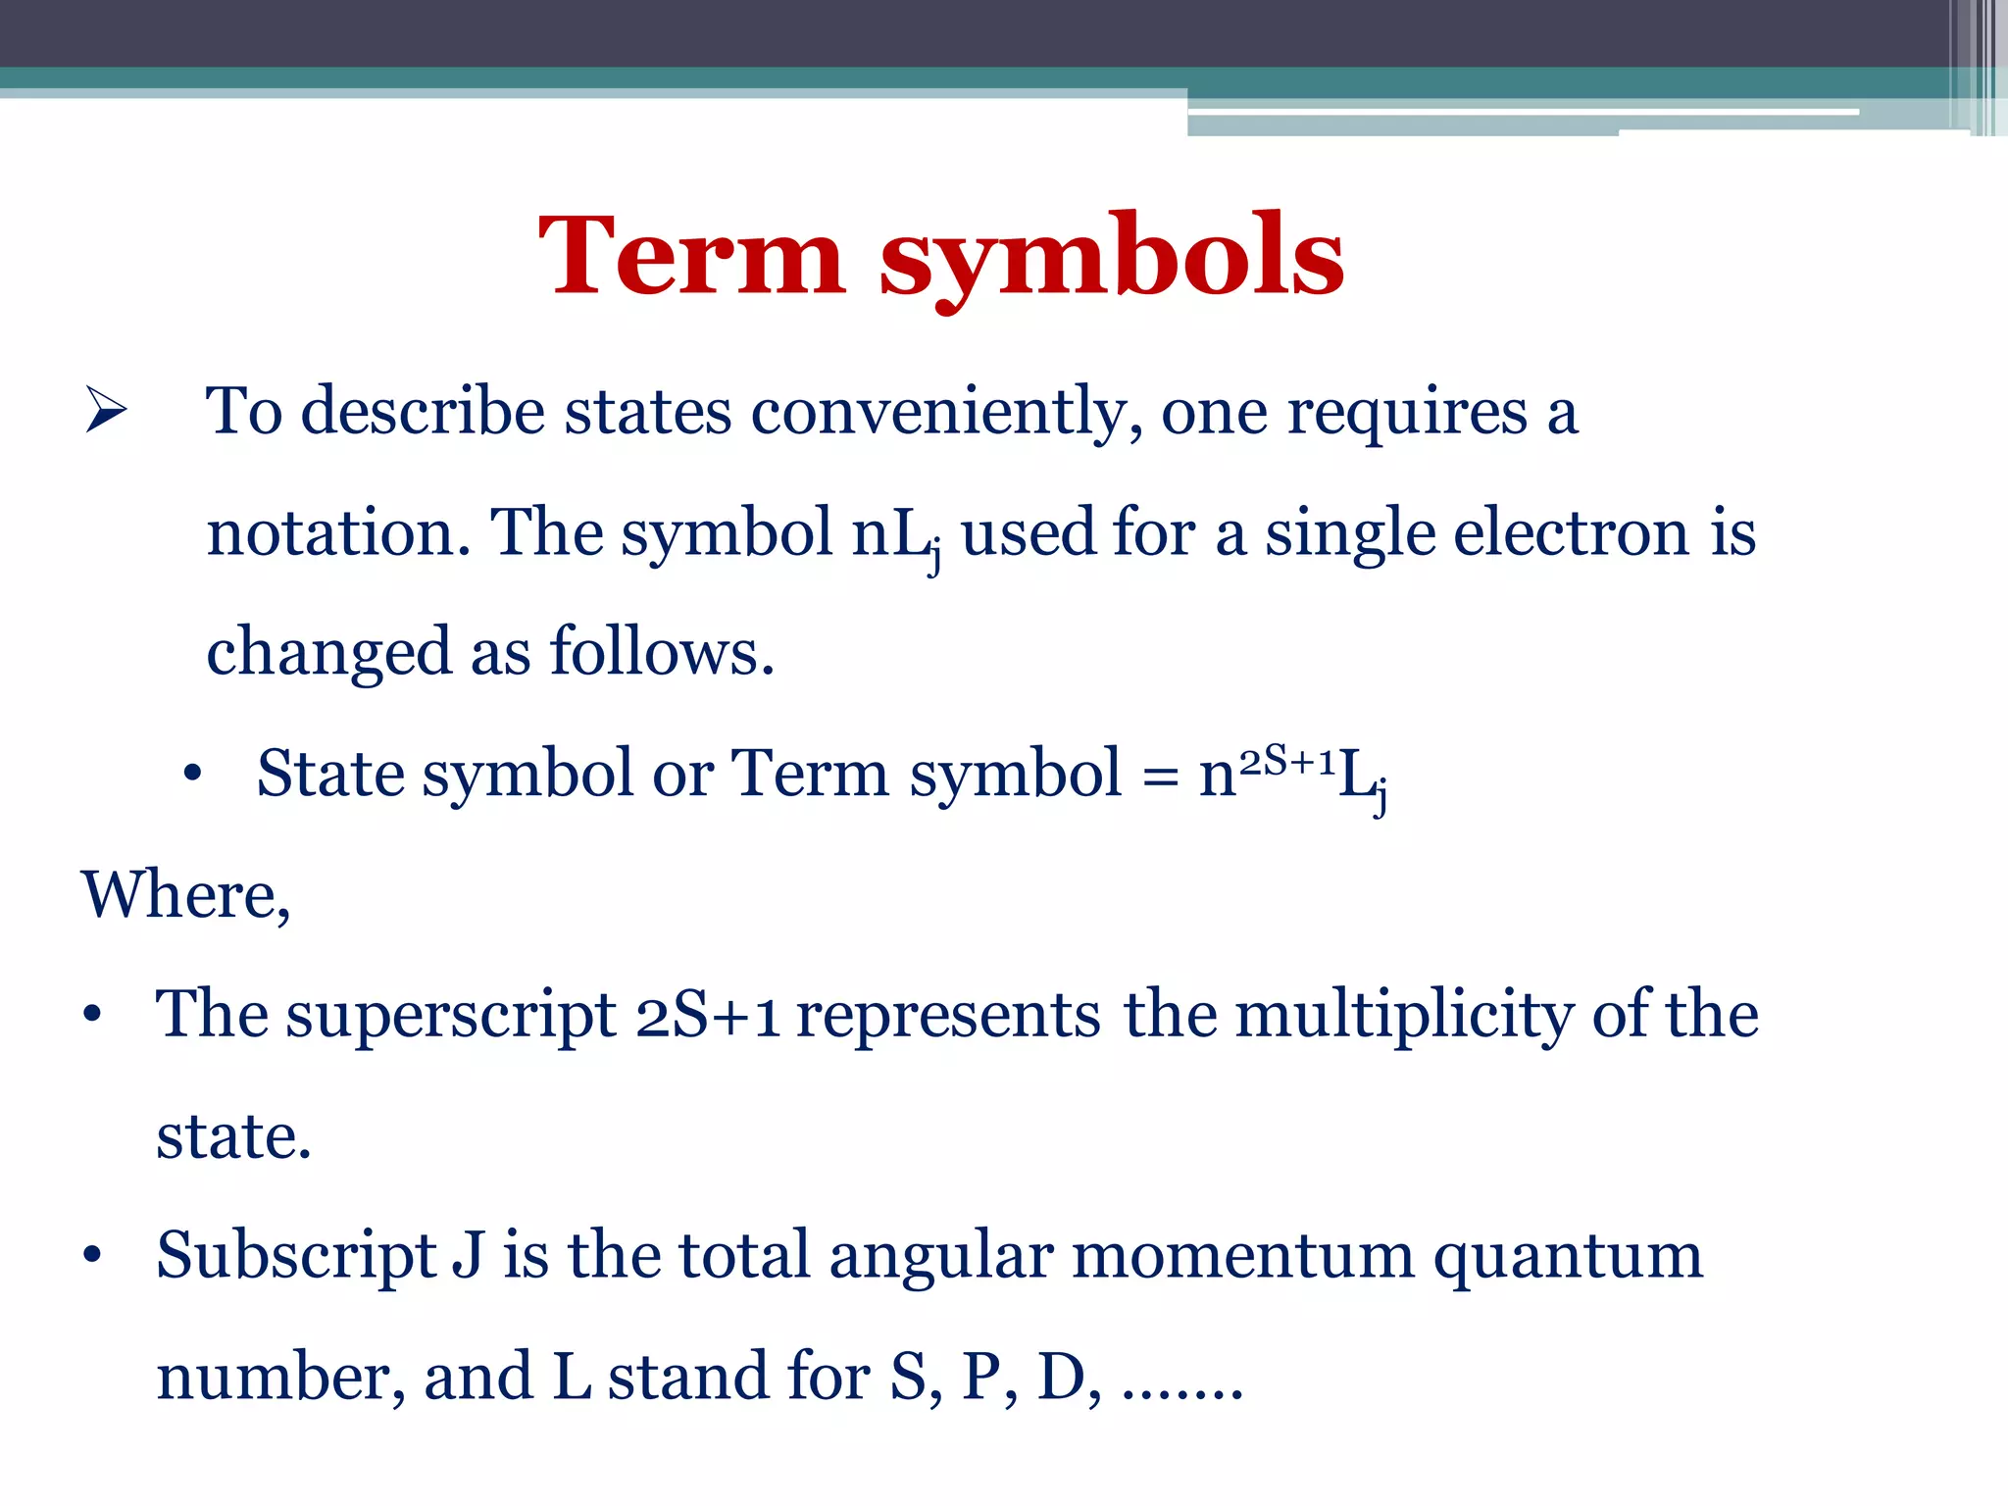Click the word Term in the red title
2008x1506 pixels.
point(691,257)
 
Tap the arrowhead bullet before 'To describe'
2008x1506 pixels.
point(106,410)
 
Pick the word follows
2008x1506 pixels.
point(662,653)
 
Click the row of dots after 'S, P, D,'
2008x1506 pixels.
point(1182,1392)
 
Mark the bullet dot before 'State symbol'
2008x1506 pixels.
point(192,775)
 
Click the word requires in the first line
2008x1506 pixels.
point(1407,412)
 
